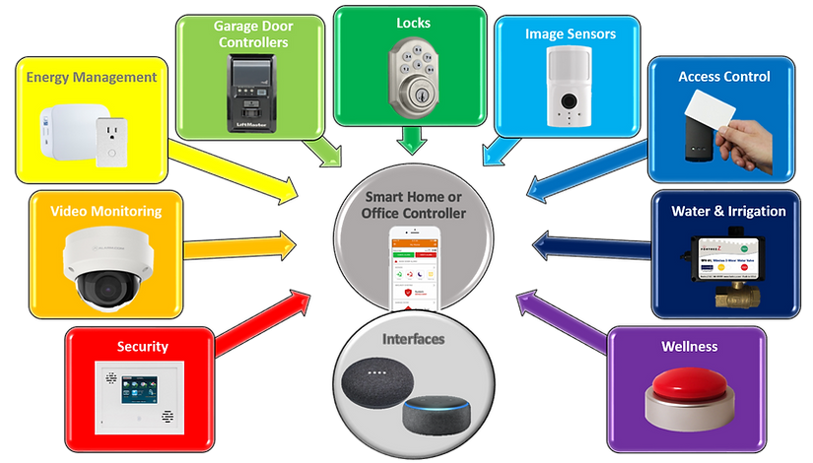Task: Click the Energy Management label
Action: coord(91,77)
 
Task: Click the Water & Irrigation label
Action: coord(728,212)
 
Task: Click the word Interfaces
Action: coord(413,339)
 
